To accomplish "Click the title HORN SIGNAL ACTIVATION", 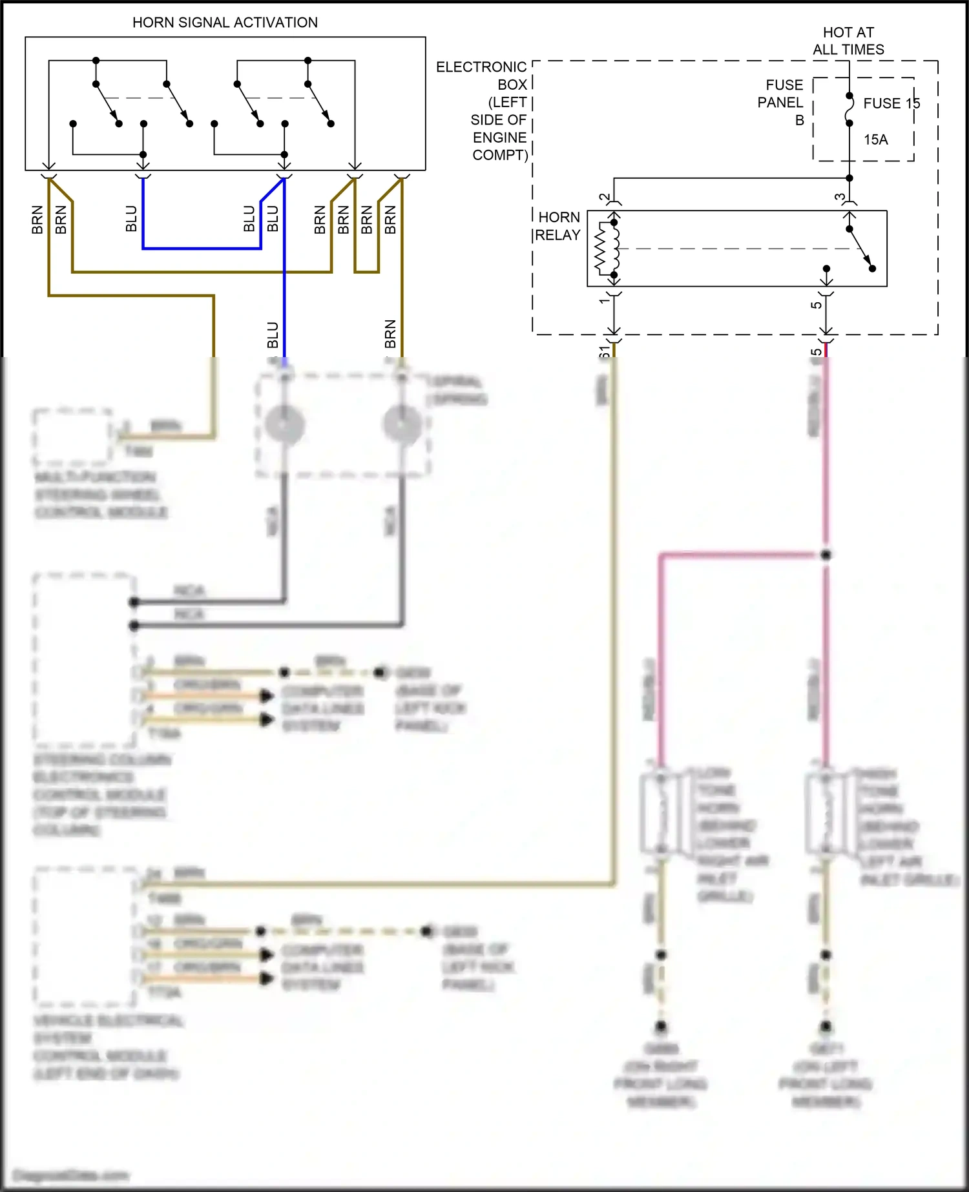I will click(x=225, y=23).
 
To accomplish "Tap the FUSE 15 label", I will click(x=891, y=103).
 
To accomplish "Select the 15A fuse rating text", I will click(x=875, y=139).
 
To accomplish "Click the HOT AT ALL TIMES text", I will click(x=848, y=41).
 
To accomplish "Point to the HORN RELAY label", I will click(x=559, y=226).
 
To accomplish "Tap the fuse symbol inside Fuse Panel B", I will click(x=849, y=109).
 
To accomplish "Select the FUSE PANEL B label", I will click(x=781, y=102).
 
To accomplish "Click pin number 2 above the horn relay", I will click(x=604, y=198).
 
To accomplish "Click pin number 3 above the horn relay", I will click(x=839, y=198).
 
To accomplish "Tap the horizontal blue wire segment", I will click(x=202, y=248).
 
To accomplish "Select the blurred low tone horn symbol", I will click(x=661, y=812).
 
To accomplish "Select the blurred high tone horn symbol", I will click(x=826, y=812).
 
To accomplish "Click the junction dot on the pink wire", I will click(x=826, y=555).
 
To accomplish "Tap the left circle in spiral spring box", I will click(x=284, y=425).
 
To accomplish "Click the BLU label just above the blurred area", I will click(x=273, y=335).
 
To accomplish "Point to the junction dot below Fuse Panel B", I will click(x=849, y=178).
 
